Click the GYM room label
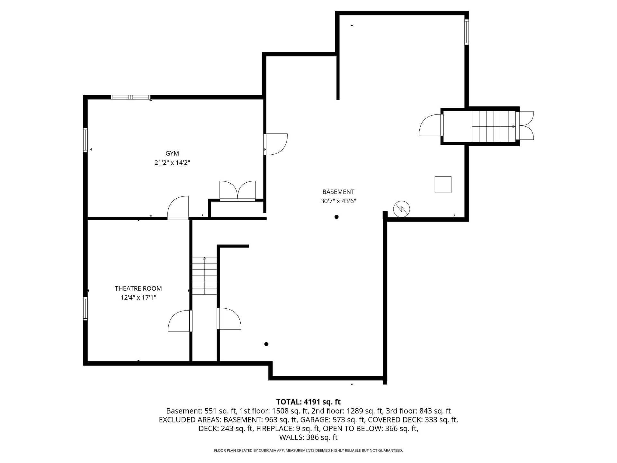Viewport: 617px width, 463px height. coord(172,153)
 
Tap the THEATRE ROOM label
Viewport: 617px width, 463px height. coord(138,288)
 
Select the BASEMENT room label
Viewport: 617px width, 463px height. coord(338,192)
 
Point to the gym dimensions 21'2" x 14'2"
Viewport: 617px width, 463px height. coord(172,163)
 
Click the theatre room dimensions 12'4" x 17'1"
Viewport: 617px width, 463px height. coord(138,297)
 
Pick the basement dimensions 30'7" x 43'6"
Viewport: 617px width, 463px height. coord(338,201)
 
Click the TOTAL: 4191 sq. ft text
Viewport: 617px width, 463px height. coord(308,402)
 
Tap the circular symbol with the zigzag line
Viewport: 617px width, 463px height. coord(402,209)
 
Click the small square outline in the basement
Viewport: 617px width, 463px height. coord(443,185)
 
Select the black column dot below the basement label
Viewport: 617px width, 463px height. coord(336,217)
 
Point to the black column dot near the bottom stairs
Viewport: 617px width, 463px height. coord(266,344)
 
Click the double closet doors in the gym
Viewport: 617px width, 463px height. coord(237,191)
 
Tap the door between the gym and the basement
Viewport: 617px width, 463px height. coord(275,144)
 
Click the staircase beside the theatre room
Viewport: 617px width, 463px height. coord(204,276)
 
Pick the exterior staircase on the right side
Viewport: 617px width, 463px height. coord(494,126)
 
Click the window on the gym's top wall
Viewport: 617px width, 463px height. coord(130,97)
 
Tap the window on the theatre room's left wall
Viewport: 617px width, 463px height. coord(85,308)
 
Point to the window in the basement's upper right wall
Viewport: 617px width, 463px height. coord(466,32)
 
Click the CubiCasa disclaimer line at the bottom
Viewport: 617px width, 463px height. coord(308,450)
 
